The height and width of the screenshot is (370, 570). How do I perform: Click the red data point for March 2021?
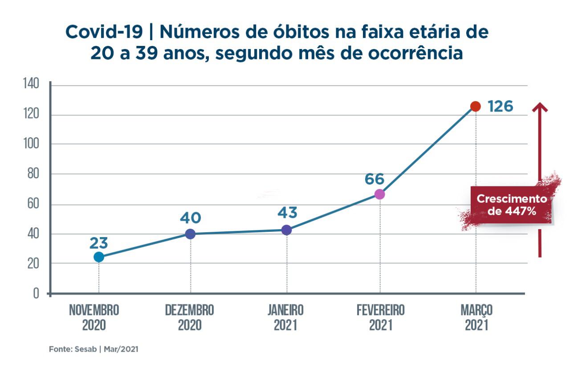[476, 107]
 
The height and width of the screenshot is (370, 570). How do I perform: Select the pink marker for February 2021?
[379, 194]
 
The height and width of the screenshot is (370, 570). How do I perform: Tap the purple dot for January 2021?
[287, 230]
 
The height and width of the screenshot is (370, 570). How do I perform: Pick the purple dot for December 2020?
[190, 234]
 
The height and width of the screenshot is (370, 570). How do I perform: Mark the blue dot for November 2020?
[99, 257]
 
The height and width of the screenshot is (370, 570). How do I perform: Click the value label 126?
[500, 107]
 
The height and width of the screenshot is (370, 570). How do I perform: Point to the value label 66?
[375, 179]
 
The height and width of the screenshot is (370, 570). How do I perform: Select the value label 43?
[287, 213]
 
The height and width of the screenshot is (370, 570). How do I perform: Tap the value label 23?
[99, 243]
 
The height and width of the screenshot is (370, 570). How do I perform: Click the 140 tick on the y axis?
[32, 84]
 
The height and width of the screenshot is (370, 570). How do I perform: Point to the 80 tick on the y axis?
[34, 174]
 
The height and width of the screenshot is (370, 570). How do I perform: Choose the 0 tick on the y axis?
[37, 294]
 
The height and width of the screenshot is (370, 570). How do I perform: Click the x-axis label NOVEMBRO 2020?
[94, 317]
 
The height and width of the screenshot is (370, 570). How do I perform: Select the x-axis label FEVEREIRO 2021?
[381, 317]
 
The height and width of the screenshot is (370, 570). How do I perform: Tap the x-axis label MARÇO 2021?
[476, 317]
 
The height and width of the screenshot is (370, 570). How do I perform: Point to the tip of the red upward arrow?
[540, 104]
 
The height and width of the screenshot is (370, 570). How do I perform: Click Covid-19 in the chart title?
[104, 33]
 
